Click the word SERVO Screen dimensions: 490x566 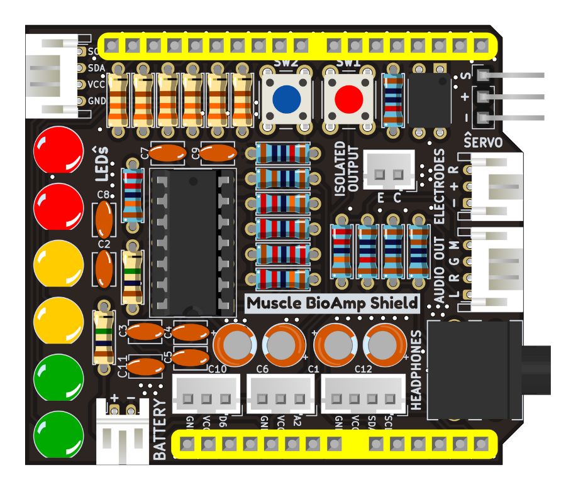point(482,143)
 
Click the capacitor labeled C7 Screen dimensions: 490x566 point(168,152)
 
